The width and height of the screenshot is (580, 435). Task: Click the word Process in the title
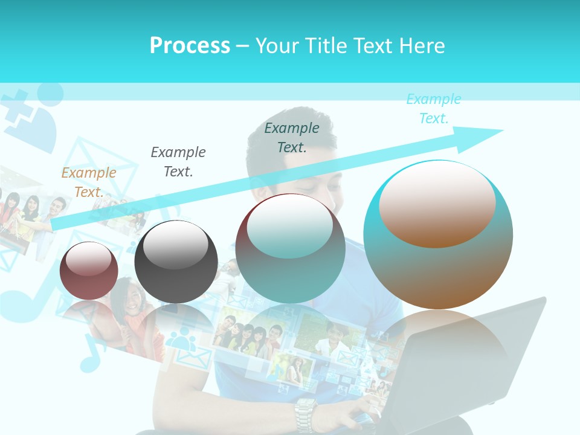click(x=190, y=46)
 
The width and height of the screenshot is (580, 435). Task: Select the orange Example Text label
click(x=89, y=182)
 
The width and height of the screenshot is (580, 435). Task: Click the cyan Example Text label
click(x=434, y=109)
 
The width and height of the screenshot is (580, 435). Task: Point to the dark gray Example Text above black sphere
click(x=178, y=161)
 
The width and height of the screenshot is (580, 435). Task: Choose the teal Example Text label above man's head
click(x=292, y=137)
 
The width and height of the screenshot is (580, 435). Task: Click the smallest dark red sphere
click(x=89, y=271)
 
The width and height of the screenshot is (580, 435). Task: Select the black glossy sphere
click(x=176, y=262)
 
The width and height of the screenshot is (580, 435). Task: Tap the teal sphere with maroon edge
click(x=290, y=249)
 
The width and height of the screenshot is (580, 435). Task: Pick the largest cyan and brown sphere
click(x=438, y=236)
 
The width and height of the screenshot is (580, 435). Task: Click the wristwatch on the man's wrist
click(x=305, y=413)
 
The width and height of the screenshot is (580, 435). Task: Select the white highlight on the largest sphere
click(x=437, y=202)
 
